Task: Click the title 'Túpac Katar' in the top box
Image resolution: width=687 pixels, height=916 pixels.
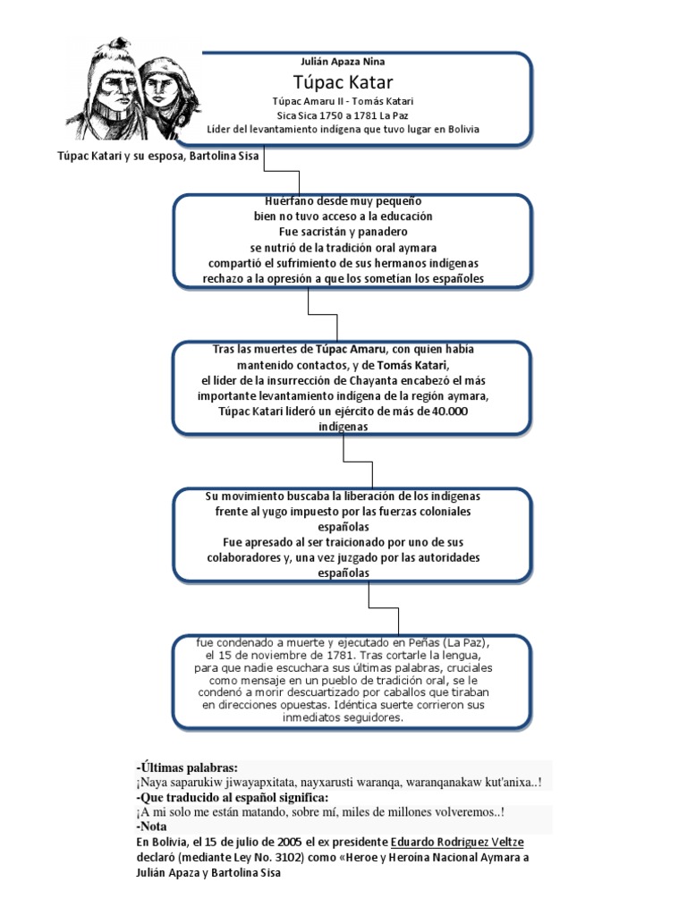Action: pyautogui.click(x=343, y=83)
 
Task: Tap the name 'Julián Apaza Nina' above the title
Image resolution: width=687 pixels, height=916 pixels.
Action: pyautogui.click(x=343, y=62)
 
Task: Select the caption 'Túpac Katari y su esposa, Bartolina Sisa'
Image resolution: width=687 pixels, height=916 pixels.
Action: pyautogui.click(x=158, y=157)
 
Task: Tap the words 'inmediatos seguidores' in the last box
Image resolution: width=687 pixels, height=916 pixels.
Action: pyautogui.click(x=343, y=717)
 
